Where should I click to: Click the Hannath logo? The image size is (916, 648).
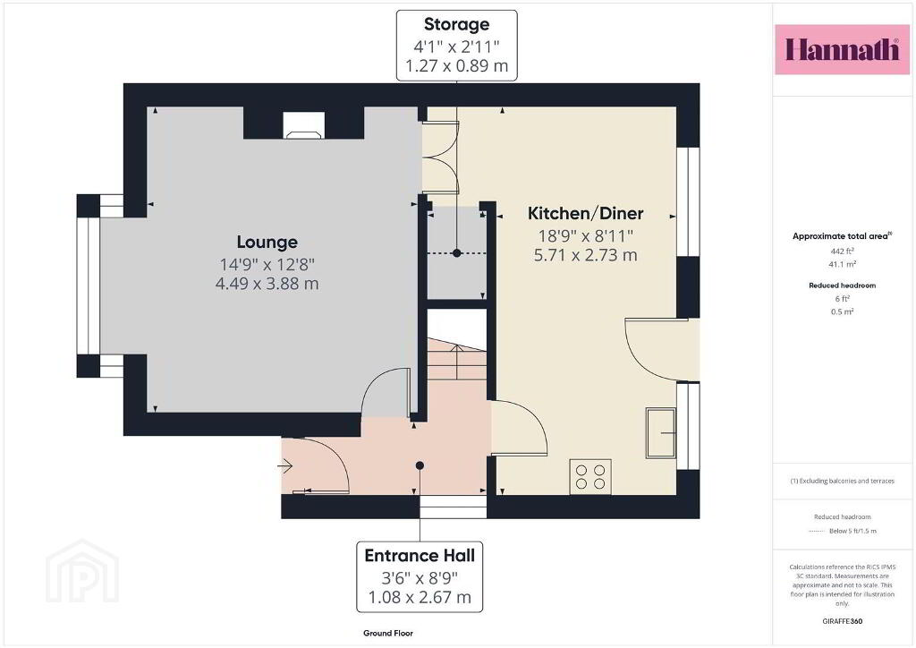coord(842,49)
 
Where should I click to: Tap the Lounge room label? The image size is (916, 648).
coord(267,242)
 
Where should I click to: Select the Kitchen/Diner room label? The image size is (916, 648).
coord(585,213)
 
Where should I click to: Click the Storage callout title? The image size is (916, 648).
coord(456,24)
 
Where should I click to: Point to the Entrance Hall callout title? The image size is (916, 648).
coord(420,555)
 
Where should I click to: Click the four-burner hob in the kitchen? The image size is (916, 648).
coord(590,477)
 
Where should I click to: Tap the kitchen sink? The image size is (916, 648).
coord(661,433)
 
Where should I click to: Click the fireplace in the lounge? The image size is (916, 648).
coord(303,125)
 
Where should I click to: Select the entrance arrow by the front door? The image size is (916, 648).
coord(284,465)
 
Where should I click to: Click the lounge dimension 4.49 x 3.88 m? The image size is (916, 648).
coord(267,284)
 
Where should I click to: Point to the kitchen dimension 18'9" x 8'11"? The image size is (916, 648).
coord(585,236)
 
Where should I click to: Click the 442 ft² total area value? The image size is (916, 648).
coord(842,252)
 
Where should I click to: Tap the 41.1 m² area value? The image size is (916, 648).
coord(842,265)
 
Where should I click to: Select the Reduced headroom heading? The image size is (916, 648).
coord(842,286)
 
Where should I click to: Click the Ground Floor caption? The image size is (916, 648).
coord(388,633)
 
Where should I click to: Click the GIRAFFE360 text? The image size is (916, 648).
coord(842,621)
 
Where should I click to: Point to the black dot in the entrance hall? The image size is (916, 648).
coord(420,465)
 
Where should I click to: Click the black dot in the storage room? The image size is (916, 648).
coord(457,253)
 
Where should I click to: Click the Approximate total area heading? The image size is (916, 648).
coord(842,236)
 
